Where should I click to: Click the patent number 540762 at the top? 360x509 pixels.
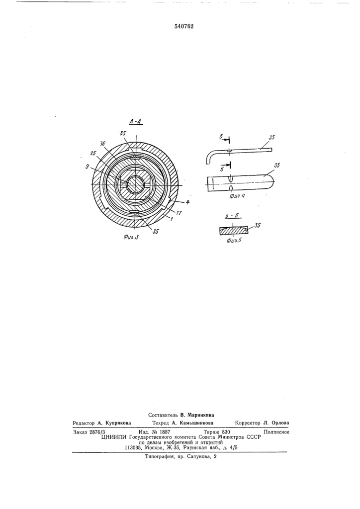(184, 27)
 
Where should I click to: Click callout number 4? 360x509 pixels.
(188, 202)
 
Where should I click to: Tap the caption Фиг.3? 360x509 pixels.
(131, 237)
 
